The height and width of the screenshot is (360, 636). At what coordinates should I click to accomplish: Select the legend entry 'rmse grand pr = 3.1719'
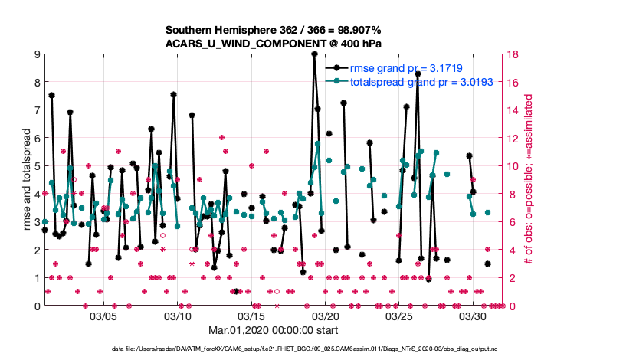tap(411, 68)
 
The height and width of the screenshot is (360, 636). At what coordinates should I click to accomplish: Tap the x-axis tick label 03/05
tap(103, 316)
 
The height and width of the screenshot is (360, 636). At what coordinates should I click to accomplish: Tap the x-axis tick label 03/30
tap(473, 316)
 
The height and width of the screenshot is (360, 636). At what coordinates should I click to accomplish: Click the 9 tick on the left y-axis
tap(37, 54)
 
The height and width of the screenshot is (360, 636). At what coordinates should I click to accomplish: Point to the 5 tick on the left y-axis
tap(37, 166)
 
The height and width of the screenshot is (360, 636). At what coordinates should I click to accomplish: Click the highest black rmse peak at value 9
tap(314, 54)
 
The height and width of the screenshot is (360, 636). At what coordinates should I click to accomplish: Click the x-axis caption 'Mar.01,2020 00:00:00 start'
tap(273, 330)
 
